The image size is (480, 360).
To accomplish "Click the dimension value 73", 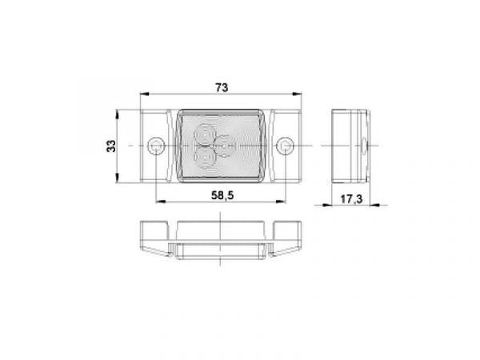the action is (x=222, y=88).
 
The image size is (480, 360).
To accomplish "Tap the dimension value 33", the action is (x=111, y=146).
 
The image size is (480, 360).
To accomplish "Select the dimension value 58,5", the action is (x=222, y=195).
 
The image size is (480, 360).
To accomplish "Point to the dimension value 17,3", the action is (x=351, y=199).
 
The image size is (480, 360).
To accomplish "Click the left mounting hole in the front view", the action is (x=156, y=146).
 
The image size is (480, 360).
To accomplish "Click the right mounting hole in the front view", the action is (x=285, y=146).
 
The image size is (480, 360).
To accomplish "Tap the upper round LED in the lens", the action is (x=206, y=134).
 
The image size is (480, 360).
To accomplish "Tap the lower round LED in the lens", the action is (x=206, y=157).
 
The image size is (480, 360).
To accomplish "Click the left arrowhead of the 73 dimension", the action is (x=144, y=94).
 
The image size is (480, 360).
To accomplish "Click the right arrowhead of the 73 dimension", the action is (x=298, y=94).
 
